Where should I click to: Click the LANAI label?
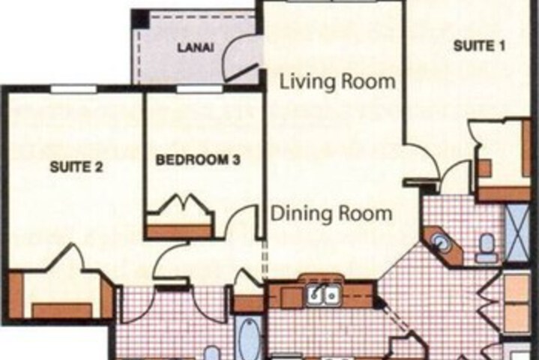(195, 47)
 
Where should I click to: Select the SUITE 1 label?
(480, 46)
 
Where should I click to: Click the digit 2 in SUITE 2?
(98, 167)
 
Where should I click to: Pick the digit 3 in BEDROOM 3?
(236, 160)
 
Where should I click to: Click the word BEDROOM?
(191, 160)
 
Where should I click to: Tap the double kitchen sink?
(323, 295)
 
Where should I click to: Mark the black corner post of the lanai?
(141, 19)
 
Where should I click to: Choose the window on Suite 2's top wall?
(74, 89)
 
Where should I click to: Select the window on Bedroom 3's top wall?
(199, 89)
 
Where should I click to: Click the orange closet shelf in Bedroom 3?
(178, 231)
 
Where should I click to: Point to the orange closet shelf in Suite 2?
(62, 310)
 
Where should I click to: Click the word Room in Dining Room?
(365, 214)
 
